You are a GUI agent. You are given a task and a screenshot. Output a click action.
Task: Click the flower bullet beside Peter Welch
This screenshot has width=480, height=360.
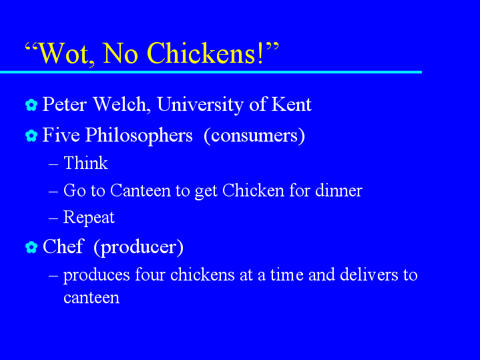point(31,105)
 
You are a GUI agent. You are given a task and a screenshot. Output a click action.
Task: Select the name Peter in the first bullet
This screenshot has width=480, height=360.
point(64,104)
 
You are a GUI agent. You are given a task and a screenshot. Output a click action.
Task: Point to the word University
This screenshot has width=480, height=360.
point(200,105)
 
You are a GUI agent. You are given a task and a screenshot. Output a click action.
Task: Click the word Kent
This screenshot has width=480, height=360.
point(291,104)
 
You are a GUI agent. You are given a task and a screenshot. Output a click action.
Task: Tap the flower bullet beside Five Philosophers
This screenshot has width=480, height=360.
point(31,136)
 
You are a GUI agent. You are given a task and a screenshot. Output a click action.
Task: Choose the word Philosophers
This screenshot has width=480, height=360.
point(139,136)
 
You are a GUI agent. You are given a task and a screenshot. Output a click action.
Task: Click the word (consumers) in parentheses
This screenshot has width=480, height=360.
point(254,136)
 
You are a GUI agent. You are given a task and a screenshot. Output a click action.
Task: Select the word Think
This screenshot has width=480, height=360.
point(85,163)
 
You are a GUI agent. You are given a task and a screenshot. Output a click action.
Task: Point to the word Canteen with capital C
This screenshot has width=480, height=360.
point(140,190)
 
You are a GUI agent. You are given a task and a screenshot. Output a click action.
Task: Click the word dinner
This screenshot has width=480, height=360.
point(338,190)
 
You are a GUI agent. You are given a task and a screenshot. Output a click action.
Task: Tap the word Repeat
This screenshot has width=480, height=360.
point(89,218)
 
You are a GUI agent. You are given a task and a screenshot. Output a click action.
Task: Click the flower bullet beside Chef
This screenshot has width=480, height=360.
point(31,247)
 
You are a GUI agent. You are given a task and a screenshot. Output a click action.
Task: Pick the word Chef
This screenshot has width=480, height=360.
point(63,246)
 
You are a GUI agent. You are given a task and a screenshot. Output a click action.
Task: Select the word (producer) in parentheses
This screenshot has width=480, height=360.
point(139,247)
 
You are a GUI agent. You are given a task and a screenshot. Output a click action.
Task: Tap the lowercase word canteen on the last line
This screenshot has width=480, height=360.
point(91,298)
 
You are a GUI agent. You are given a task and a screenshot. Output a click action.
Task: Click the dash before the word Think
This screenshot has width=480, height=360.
point(53,164)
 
